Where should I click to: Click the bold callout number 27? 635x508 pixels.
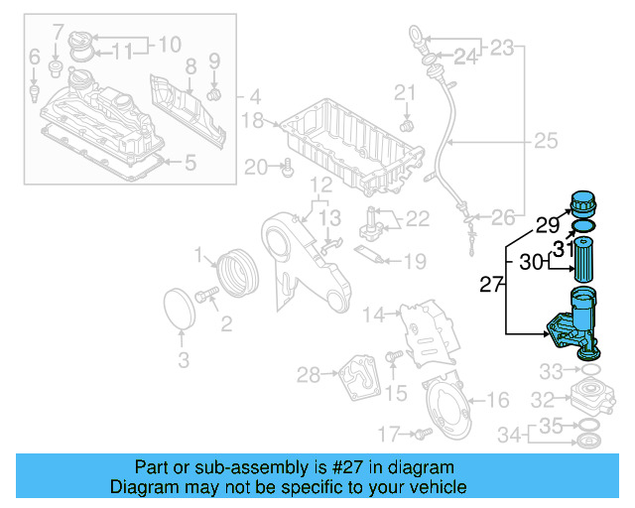pos(491,286)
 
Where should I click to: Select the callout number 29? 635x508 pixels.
pos(548,224)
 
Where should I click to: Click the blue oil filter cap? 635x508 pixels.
pos(583,204)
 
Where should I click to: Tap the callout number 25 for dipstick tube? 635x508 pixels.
pos(546,142)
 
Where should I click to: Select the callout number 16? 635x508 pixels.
pos(498,400)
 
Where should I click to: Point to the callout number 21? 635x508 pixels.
pos(404,93)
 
